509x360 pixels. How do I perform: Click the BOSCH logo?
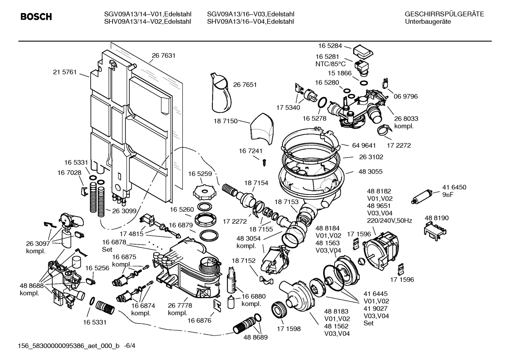tap(36, 17)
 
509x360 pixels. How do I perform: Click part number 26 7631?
tap(163, 55)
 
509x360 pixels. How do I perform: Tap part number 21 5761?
tap(65, 72)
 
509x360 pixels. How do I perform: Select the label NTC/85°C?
tap(330, 64)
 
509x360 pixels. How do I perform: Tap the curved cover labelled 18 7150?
tap(262, 129)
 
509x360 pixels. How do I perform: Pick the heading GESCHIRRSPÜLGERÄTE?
tap(444, 14)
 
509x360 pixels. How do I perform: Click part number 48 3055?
tap(370, 172)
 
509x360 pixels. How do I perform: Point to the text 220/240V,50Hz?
tap(389, 221)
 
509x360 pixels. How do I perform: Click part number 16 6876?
tap(199, 320)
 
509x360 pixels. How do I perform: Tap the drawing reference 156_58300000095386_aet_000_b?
tap(69, 346)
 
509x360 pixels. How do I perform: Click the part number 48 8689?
tap(255, 337)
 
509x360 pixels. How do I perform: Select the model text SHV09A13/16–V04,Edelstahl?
tap(250, 22)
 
